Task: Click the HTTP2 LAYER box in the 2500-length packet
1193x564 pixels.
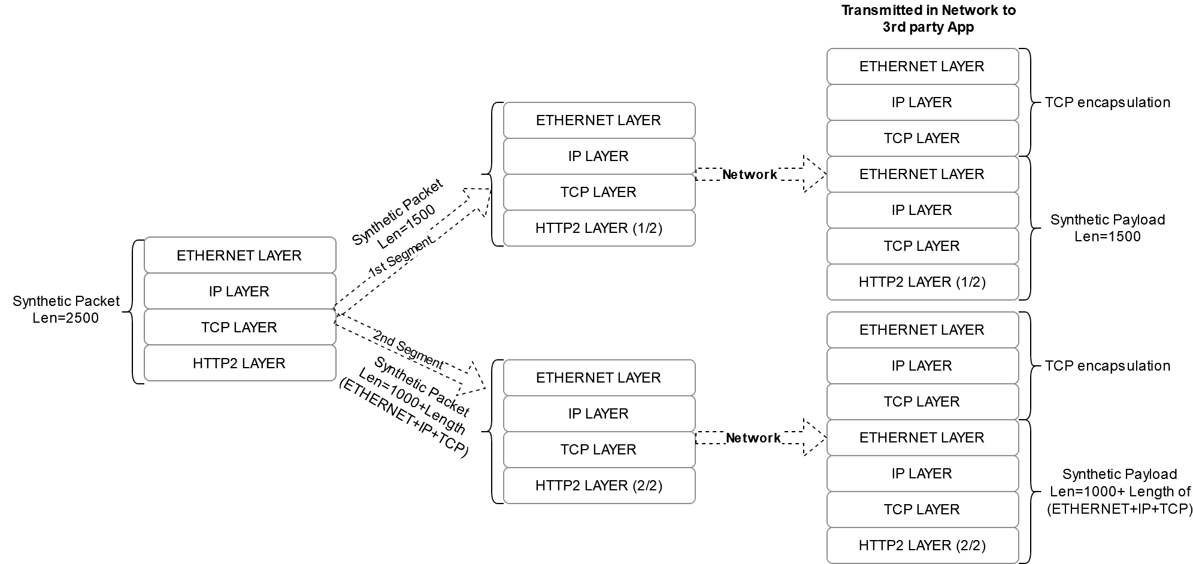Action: click(x=240, y=363)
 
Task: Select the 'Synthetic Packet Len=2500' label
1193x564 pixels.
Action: click(x=66, y=310)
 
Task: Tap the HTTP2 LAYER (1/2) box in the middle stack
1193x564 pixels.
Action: click(x=599, y=228)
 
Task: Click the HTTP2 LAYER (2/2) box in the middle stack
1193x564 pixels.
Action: click(x=599, y=486)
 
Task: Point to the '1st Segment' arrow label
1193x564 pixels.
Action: click(x=400, y=256)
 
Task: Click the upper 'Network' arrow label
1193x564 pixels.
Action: click(x=749, y=175)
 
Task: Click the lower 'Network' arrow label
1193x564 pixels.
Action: click(x=753, y=438)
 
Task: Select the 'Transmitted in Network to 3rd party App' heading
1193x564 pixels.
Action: click(x=928, y=19)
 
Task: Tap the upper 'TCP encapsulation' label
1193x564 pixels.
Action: click(x=1107, y=102)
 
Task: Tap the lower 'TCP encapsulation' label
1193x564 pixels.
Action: click(x=1107, y=366)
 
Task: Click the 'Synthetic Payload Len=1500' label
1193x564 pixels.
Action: click(x=1107, y=228)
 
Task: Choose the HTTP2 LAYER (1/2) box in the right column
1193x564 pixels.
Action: click(x=922, y=282)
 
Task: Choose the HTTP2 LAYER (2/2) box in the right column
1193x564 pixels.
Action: click(x=922, y=545)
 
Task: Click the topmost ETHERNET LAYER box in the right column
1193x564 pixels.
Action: click(x=922, y=66)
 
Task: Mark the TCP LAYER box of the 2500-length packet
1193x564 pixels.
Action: click(x=240, y=328)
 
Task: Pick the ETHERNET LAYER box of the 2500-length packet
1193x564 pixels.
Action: click(x=240, y=256)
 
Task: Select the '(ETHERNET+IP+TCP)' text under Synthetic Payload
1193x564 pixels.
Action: click(x=1119, y=510)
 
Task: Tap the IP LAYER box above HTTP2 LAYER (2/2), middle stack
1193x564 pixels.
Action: click(x=599, y=414)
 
